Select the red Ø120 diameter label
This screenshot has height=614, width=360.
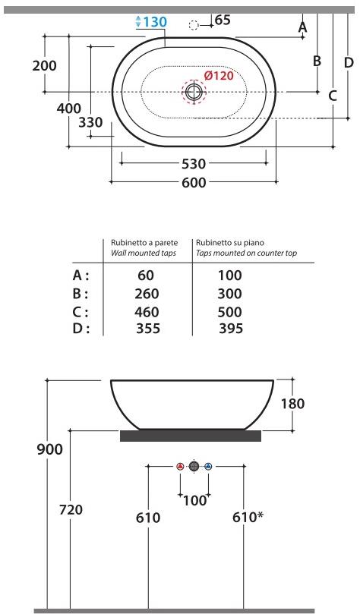pos(219,76)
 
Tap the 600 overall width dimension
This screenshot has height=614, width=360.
pos(193,183)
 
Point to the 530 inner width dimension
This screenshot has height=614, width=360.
pos(193,163)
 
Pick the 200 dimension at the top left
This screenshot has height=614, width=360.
pos(44,65)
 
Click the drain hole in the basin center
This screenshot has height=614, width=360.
pos(194,92)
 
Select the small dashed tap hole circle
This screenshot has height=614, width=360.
pos(194,25)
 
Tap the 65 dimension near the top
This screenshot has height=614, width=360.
pos(223,20)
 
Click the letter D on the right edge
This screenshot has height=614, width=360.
pos(349,62)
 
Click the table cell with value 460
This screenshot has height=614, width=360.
pos(146,312)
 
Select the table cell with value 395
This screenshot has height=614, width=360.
pos(229,328)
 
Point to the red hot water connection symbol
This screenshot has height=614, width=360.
pos(180,466)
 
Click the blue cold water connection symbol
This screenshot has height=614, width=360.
pos(207,466)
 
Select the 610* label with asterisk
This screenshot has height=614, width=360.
pos(248,517)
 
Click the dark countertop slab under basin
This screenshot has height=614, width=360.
pos(191,436)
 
